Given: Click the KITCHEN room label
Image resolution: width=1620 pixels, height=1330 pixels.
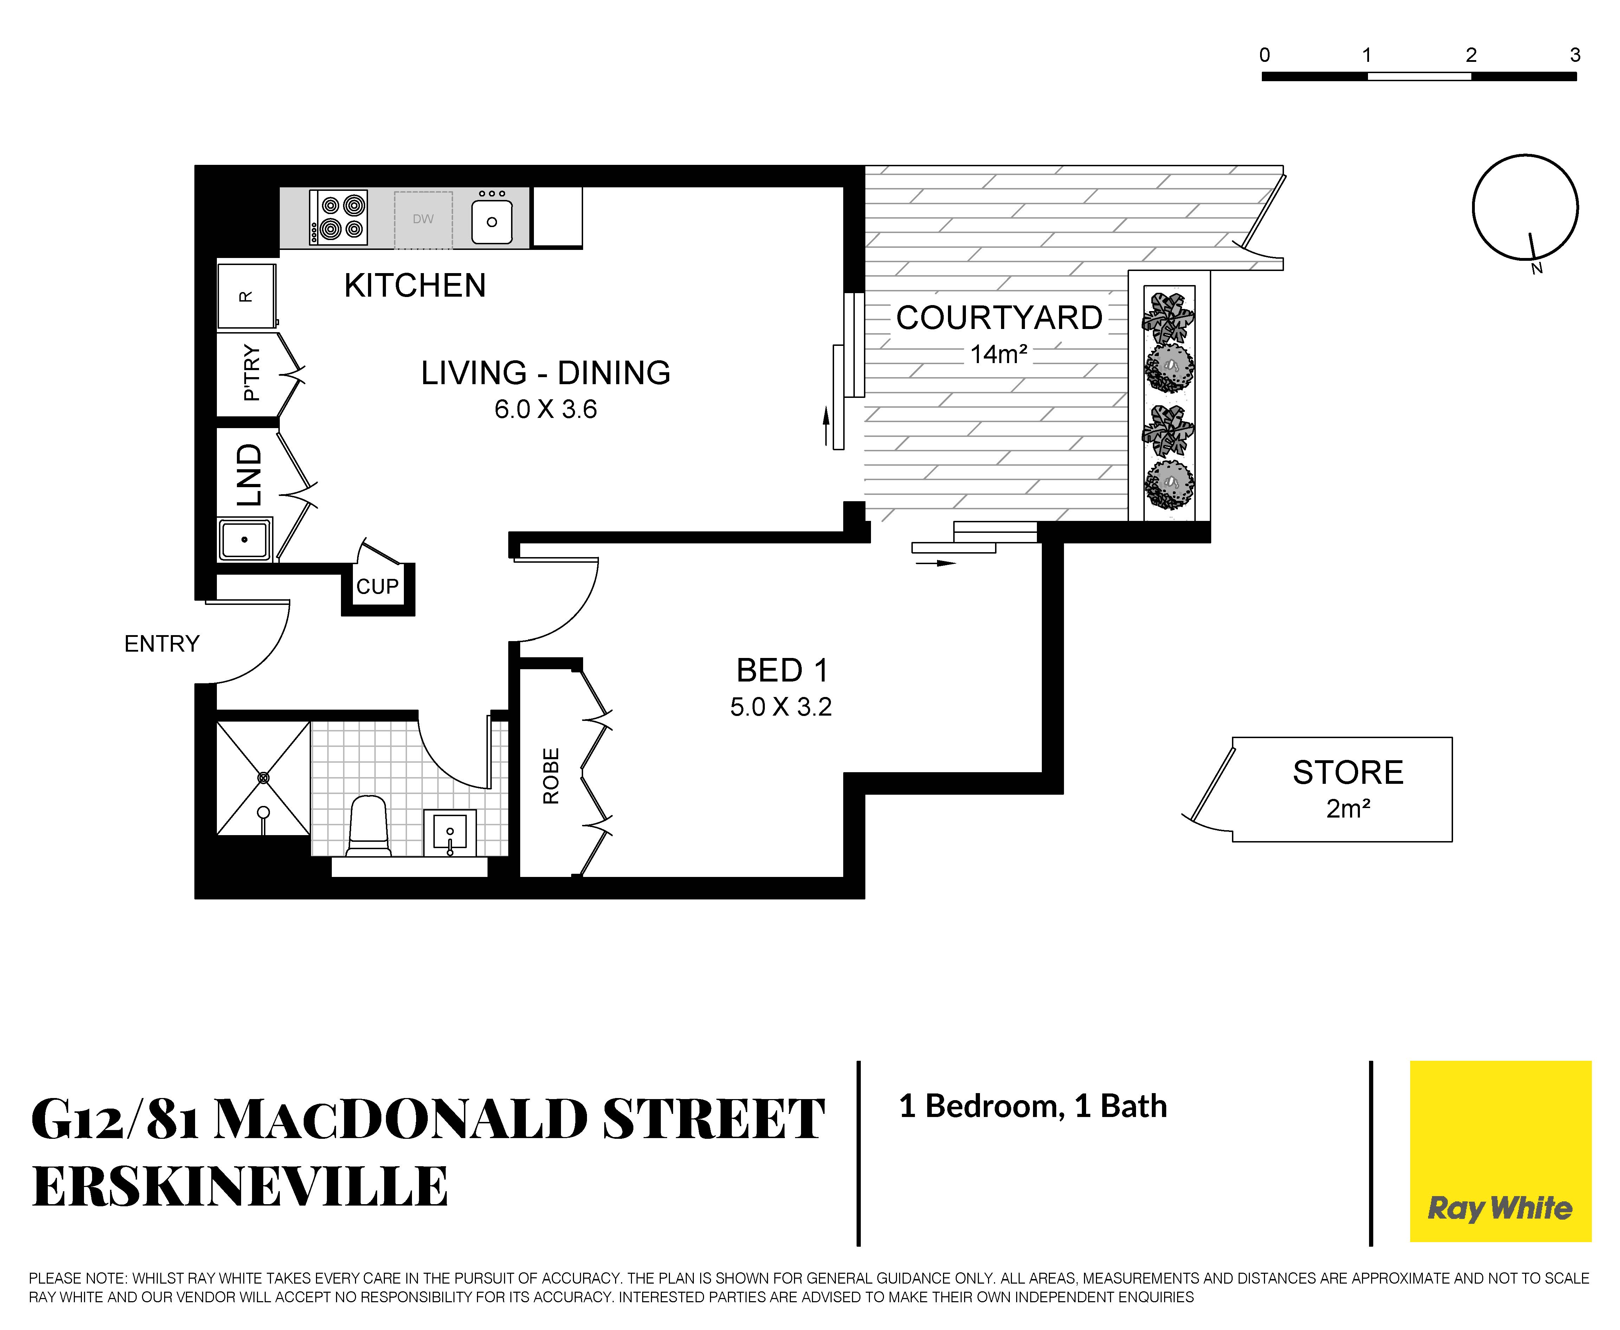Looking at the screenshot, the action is click(415, 286).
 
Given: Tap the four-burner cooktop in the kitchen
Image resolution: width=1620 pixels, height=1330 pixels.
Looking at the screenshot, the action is click(338, 218).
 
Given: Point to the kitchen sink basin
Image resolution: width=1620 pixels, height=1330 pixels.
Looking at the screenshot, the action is click(492, 221).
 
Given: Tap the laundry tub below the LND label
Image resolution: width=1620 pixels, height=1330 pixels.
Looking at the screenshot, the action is click(244, 540).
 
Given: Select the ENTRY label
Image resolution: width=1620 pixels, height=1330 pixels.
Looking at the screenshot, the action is click(162, 644).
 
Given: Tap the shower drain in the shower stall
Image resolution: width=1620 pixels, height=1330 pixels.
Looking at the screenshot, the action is click(264, 777).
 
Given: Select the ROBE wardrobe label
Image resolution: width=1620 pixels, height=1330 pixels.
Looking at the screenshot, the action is click(551, 776).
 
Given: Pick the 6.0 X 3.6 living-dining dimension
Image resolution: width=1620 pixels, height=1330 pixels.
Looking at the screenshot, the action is click(546, 410).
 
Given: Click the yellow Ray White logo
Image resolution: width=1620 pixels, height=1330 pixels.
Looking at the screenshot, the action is click(1500, 1151).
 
